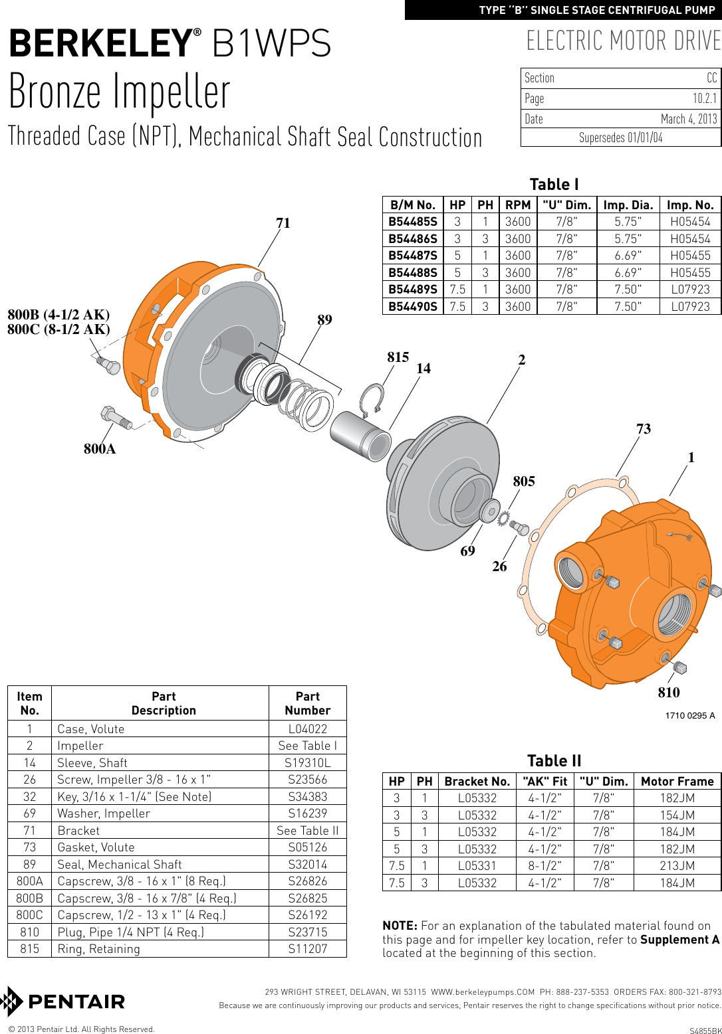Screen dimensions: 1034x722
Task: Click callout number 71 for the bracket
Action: tap(283, 223)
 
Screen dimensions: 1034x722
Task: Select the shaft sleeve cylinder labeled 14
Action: tap(360, 435)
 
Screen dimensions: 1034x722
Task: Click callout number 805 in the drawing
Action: tap(523, 481)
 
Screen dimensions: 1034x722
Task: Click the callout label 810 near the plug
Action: tap(668, 693)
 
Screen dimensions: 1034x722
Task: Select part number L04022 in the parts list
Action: tap(307, 729)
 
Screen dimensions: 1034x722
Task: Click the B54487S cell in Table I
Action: tap(413, 256)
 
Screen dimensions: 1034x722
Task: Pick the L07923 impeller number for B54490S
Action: tap(689, 306)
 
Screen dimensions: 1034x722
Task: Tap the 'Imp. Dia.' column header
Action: tap(628, 205)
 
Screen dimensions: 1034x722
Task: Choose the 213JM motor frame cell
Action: tap(677, 866)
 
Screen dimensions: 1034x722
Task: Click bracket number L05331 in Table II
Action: tap(477, 866)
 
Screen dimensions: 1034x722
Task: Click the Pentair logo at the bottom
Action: tap(63, 1001)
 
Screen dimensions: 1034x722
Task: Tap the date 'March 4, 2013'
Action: tap(688, 119)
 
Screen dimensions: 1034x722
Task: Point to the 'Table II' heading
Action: tap(554, 761)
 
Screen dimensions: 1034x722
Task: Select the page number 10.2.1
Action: tap(704, 99)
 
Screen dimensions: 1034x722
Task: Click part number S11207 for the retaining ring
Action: tap(307, 948)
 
